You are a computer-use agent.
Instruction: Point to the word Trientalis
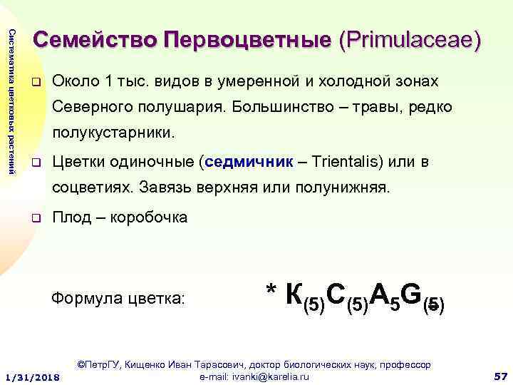(x=343, y=162)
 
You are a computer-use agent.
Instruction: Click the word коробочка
(x=145, y=217)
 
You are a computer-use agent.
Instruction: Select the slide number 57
(x=499, y=375)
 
